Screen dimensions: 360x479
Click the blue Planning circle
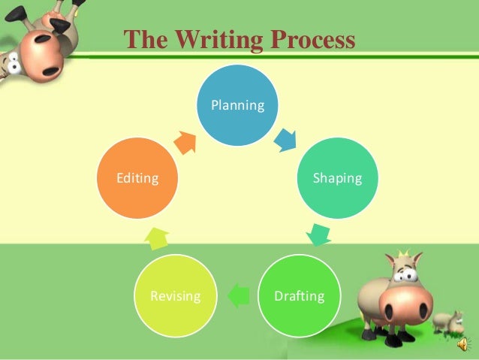pos(237,105)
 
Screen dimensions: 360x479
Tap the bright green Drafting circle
pos(299,295)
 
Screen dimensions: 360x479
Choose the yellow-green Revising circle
pos(175,295)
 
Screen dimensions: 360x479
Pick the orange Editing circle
pos(137,178)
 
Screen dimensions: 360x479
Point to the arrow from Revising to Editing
pos(157,237)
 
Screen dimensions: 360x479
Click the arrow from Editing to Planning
pos(185,141)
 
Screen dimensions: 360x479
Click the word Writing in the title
pos(206,40)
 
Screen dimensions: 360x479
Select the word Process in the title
pos(308,40)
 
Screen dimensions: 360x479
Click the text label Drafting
pos(299,295)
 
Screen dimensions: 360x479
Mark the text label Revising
pos(175,295)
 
